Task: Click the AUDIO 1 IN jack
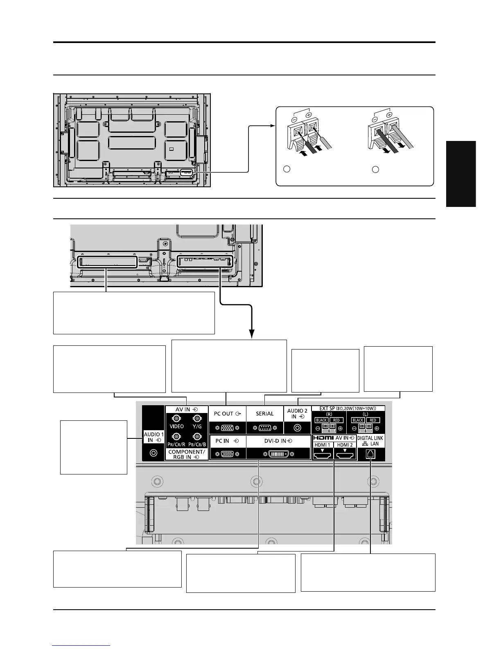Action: pyautogui.click(x=153, y=453)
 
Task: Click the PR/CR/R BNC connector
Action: pyautogui.click(x=176, y=436)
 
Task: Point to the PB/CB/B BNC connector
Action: pyautogui.click(x=197, y=436)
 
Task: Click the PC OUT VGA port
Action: pyautogui.click(x=227, y=428)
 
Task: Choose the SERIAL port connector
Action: pyautogui.click(x=264, y=428)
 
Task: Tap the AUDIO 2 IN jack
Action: pyautogui.click(x=298, y=428)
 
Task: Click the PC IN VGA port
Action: pyautogui.click(x=227, y=454)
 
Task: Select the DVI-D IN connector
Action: pyautogui.click(x=278, y=454)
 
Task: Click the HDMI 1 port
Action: pyautogui.click(x=323, y=453)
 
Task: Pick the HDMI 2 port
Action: pyautogui.click(x=345, y=453)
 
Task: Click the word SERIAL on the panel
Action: pyautogui.click(x=264, y=413)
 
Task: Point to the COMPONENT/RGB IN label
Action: pyautogui.click(x=186, y=454)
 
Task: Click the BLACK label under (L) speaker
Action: pyautogui.click(x=358, y=420)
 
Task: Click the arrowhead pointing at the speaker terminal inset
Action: pyautogui.click(x=273, y=126)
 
